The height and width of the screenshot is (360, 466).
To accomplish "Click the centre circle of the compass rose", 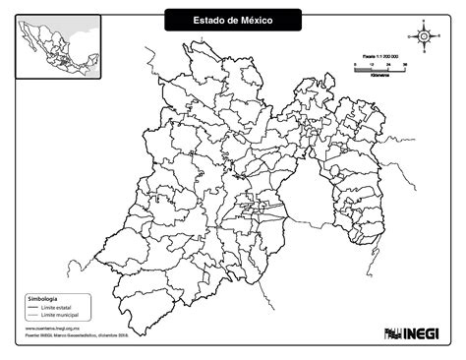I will (x=423, y=37).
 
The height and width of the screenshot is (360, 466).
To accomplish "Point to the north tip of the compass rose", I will (x=423, y=23).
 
